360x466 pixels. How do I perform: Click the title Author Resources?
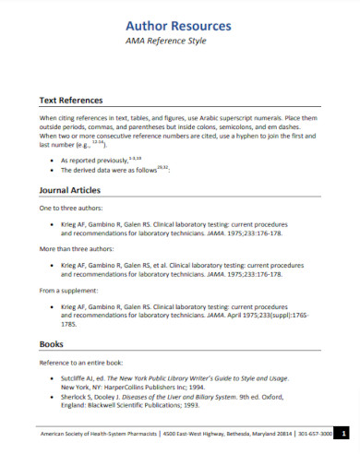178,26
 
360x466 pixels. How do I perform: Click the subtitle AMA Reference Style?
178,42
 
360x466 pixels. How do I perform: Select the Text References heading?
70,100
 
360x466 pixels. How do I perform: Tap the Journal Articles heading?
69,190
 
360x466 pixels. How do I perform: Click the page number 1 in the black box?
342,433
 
